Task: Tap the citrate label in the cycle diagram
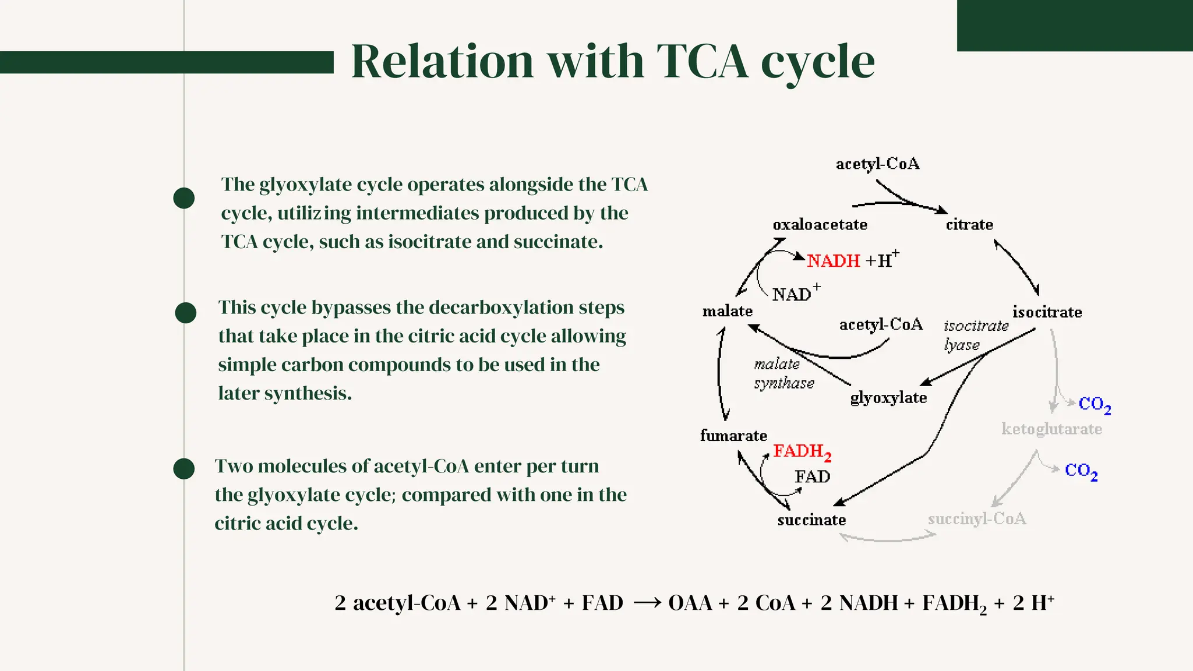[969, 225]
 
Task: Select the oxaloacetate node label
[820, 225]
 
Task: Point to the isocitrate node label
[1047, 312]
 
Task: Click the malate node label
[728, 311]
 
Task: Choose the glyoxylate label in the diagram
[888, 398]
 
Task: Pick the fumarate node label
[733, 436]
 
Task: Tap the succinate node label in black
[811, 520]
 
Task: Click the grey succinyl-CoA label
[977, 519]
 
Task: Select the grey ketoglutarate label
[1051, 429]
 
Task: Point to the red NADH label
[833, 261]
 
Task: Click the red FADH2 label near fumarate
[802, 452]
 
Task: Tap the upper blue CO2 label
[1095, 404]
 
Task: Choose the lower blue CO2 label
[1081, 471]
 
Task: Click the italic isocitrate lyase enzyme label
[975, 335]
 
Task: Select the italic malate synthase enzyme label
[783, 374]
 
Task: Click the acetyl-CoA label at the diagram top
[877, 164]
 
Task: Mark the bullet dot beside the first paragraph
[184, 198]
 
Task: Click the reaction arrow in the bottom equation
[647, 603]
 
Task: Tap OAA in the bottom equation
[690, 603]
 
